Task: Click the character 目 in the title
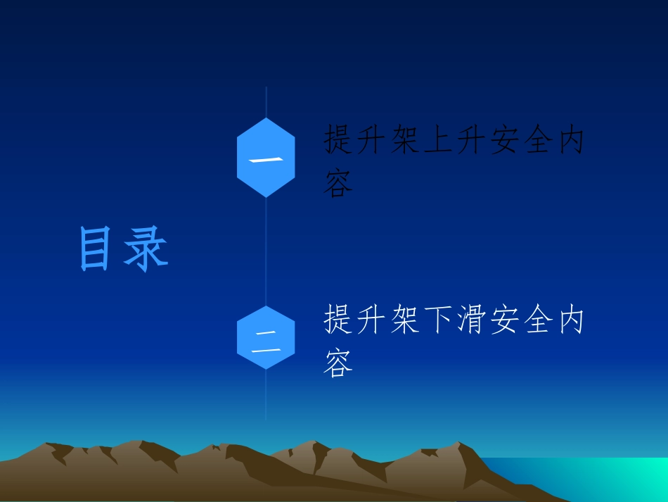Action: (x=96, y=249)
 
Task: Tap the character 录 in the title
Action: (x=146, y=249)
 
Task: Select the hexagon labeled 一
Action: (x=266, y=158)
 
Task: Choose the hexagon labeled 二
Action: (x=266, y=337)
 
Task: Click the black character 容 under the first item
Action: (x=338, y=183)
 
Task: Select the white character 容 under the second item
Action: (x=338, y=363)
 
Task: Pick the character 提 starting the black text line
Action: (x=338, y=141)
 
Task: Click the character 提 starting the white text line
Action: (x=338, y=320)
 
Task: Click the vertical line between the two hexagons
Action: (x=266, y=250)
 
